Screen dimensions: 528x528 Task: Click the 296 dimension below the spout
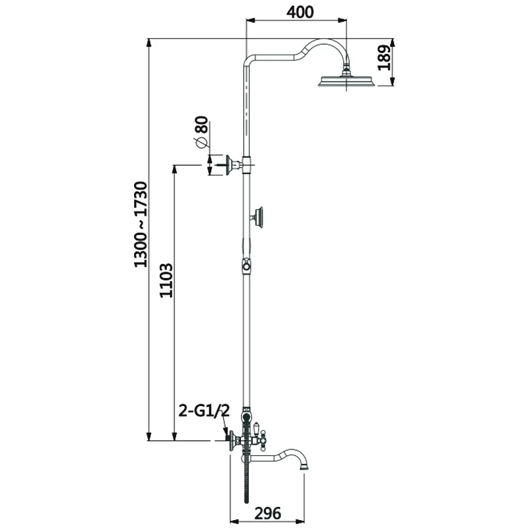[x=268, y=512]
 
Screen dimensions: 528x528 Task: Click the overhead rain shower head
[x=346, y=81]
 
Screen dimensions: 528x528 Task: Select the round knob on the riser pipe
[x=246, y=266]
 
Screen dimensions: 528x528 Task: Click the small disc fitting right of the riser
[x=260, y=216]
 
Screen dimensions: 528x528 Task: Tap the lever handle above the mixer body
[x=254, y=430]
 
